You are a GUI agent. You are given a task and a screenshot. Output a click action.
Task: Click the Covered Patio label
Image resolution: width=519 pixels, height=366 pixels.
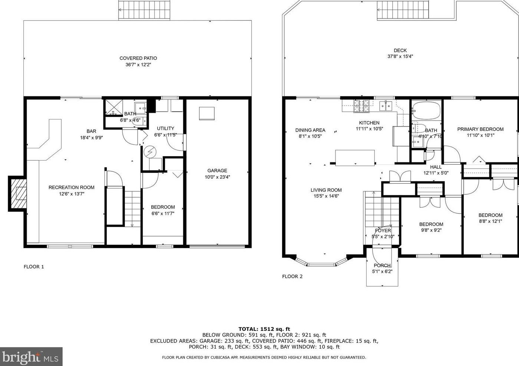[138, 58]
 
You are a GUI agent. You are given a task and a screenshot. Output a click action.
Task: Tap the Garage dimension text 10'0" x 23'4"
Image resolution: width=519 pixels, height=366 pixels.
[217, 177]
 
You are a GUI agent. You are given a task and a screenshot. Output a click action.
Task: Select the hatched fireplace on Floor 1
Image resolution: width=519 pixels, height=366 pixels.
[18, 194]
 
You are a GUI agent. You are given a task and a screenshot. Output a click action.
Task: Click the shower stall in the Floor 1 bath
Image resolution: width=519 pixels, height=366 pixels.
[114, 107]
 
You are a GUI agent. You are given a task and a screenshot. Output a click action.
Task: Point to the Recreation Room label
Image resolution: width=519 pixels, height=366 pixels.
[71, 187]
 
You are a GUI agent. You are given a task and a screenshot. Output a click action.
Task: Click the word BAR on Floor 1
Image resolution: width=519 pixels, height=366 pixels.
[91, 131]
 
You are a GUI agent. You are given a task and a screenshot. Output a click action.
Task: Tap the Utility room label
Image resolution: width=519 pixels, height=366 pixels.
[165, 128]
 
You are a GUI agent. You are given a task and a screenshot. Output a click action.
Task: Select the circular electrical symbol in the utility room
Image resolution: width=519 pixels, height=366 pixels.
[150, 152]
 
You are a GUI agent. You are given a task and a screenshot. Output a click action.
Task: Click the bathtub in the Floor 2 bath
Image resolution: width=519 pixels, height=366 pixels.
[426, 111]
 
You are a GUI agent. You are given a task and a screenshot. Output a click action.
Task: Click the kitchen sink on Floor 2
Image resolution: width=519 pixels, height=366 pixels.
[386, 106]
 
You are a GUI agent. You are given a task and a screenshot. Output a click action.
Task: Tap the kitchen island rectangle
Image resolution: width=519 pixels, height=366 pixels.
[355, 158]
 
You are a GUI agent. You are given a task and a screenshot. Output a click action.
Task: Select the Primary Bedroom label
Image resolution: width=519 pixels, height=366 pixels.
[480, 129]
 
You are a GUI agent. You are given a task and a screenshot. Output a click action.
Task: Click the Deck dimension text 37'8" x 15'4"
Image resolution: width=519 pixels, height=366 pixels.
[400, 56]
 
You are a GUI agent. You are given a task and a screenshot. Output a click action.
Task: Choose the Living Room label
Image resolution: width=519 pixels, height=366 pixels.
[326, 190]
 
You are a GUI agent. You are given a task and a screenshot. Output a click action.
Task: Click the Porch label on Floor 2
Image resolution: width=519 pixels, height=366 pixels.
[382, 266]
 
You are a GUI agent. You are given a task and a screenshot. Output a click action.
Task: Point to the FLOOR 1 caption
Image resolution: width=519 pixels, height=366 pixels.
[34, 267]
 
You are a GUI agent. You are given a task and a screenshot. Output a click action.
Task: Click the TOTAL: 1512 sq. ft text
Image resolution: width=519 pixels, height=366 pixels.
[264, 329]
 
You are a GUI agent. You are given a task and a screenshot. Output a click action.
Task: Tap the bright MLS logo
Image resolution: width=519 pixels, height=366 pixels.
[31, 356]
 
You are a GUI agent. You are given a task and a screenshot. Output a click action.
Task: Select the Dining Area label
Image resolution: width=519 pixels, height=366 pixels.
[310, 130]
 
